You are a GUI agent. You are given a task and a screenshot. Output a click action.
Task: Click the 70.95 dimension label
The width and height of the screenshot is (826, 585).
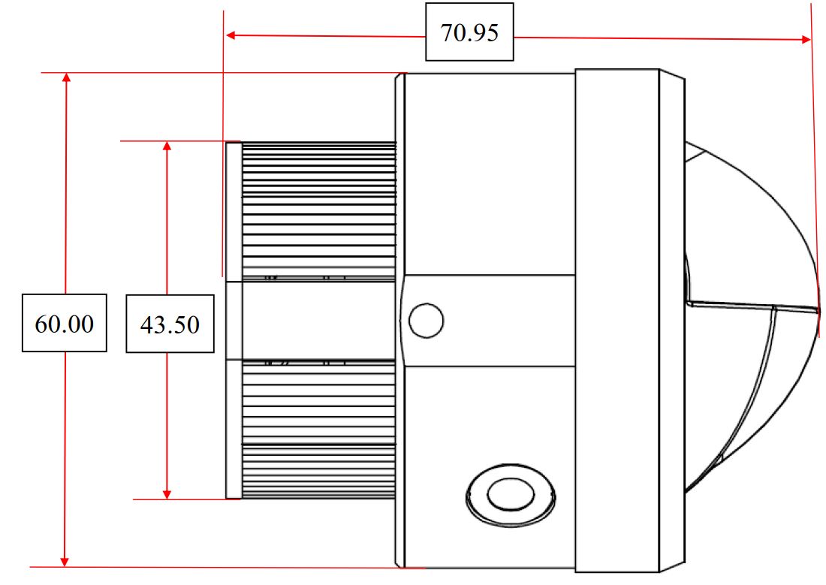point(469,32)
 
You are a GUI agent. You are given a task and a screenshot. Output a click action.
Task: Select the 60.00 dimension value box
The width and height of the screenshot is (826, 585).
point(65,323)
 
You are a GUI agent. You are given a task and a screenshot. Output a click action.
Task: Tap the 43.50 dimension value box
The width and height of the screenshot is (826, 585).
point(170,324)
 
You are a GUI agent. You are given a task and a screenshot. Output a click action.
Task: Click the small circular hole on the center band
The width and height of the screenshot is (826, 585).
point(427,321)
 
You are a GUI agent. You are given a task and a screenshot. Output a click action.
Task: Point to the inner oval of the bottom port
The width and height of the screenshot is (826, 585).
point(511,494)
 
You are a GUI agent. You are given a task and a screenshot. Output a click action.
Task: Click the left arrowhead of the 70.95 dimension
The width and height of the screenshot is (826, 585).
point(231,35)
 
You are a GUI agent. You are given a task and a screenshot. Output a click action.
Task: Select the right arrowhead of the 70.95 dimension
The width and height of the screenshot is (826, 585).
point(806,39)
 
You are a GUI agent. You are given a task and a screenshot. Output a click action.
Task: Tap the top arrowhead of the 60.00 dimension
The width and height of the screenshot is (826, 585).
point(66,77)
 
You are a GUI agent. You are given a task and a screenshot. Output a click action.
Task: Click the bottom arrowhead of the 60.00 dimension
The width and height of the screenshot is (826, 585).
point(65,562)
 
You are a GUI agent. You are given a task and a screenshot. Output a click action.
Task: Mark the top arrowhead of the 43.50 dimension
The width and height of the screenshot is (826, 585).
point(167,146)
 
